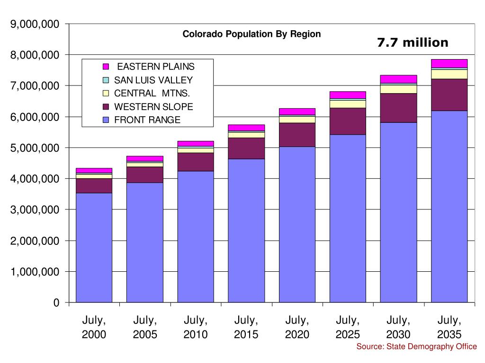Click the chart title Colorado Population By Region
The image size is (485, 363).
coord(251,34)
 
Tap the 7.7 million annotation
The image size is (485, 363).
coord(413,43)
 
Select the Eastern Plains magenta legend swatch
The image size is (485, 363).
coord(106,67)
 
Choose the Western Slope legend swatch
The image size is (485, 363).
coord(106,107)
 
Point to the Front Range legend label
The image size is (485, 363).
coord(147,120)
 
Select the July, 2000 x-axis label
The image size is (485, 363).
coord(94,328)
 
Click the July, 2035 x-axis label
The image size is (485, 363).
coord(449,328)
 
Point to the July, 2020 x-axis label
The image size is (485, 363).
coord(297,328)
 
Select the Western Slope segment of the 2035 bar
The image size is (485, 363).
coord(449,95)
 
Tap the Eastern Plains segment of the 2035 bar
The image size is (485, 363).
coord(449,63)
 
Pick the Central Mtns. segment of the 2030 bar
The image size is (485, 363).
coord(398,89)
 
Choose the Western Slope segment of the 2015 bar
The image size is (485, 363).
coord(246,148)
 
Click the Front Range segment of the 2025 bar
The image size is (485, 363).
coord(348,218)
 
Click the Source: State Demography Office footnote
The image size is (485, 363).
coord(416,347)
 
